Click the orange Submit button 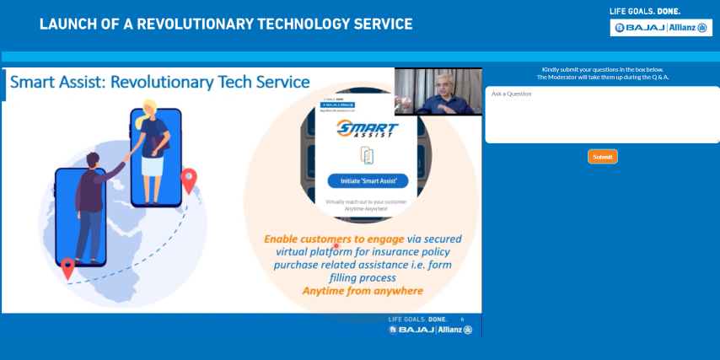602,157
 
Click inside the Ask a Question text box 602,116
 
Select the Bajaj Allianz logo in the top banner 662,28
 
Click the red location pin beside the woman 189,179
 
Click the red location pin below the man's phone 68,268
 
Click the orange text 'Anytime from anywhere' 363,292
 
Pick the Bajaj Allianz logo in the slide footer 430,330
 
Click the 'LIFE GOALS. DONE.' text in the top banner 645,11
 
